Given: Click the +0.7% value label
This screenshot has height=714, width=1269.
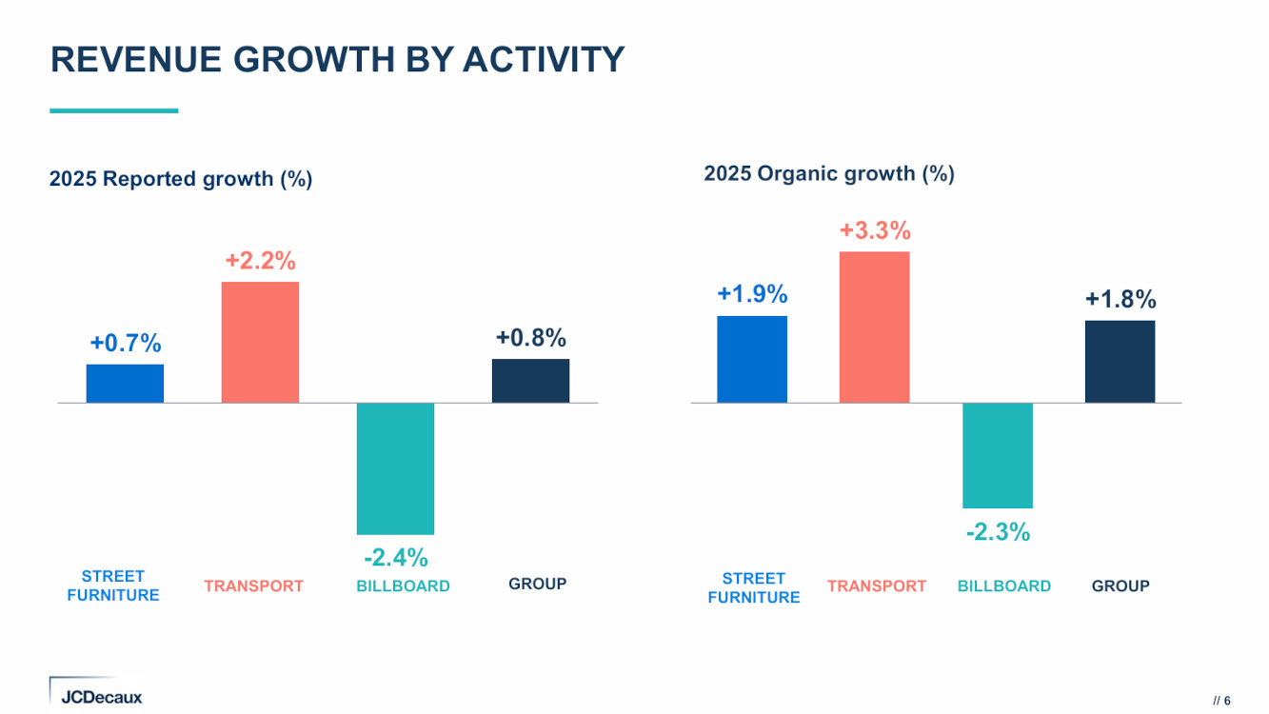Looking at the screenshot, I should (126, 344).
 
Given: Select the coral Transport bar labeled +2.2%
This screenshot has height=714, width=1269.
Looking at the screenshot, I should (260, 342).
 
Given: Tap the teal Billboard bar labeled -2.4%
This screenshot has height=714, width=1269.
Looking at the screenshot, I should (395, 468).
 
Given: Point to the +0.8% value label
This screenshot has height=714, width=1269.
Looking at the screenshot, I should (531, 338).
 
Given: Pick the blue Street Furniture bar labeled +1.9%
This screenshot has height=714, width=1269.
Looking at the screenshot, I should (752, 359).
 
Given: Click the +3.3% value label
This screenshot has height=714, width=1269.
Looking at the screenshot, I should (875, 230).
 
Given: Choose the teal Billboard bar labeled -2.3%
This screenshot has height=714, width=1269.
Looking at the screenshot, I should (998, 455).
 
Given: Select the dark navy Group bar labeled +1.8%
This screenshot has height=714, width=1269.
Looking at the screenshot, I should (1120, 362).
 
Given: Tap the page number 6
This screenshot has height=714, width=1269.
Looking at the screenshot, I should (1227, 700).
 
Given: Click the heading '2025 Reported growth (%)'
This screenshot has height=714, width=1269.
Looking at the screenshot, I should (181, 179).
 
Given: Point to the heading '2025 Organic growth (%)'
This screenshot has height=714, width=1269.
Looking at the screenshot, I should (829, 174).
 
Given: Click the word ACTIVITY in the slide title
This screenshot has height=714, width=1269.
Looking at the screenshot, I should (544, 59).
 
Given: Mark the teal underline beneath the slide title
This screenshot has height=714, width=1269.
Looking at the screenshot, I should (114, 110).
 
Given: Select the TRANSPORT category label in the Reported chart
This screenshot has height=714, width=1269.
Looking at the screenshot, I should (253, 586).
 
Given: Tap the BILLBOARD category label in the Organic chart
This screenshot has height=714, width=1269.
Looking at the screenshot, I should (1004, 586).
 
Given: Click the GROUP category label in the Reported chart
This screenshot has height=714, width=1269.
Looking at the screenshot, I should (538, 585).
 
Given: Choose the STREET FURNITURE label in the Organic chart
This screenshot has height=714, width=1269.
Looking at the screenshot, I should (754, 588).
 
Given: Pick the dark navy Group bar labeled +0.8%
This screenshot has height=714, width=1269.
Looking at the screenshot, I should (530, 381).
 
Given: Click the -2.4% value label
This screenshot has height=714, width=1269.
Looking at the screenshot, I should (396, 556).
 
